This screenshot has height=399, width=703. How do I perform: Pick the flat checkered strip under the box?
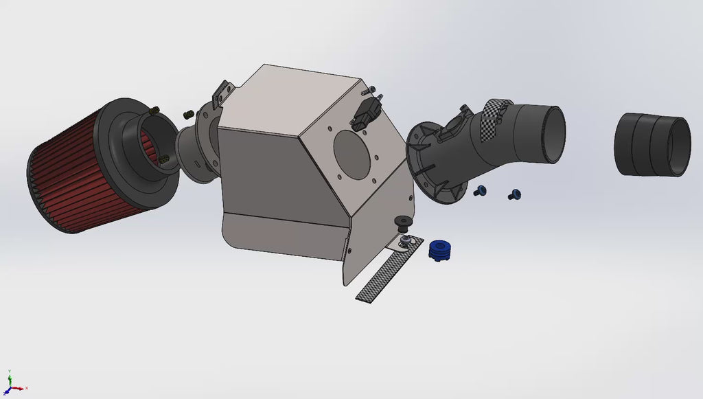click(384, 275)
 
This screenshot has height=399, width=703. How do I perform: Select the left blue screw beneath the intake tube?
click(481, 190)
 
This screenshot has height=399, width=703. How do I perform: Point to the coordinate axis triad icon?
click(12, 383)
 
